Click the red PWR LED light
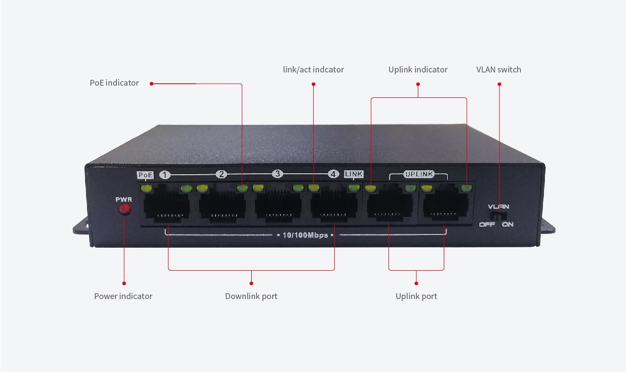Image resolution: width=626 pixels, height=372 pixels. pyautogui.click(x=125, y=209)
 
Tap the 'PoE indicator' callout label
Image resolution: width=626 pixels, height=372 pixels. pyautogui.click(x=114, y=83)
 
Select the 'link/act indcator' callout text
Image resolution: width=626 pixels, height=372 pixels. pyautogui.click(x=313, y=70)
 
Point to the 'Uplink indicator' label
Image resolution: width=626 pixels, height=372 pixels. pyautogui.click(x=418, y=70)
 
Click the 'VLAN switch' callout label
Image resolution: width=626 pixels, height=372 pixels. pyautogui.click(x=498, y=70)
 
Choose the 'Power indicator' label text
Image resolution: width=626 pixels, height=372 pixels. pyautogui.click(x=123, y=296)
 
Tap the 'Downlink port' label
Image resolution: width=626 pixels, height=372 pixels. pyautogui.click(x=251, y=296)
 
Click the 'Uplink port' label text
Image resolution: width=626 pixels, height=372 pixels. pyautogui.click(x=416, y=296)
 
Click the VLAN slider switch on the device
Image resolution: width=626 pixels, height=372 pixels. pyautogui.click(x=498, y=216)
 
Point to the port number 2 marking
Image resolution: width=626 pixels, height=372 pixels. pyautogui.click(x=221, y=174)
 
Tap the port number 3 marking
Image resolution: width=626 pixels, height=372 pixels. pyautogui.click(x=277, y=174)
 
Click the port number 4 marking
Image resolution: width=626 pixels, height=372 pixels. pyautogui.click(x=333, y=174)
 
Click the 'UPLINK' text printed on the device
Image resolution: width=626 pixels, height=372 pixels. pyautogui.click(x=419, y=174)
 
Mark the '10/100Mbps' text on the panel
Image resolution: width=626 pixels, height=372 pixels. pyautogui.click(x=305, y=235)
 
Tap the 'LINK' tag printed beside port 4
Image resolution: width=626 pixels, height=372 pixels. pyautogui.click(x=354, y=174)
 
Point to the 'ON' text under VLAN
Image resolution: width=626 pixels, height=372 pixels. pyautogui.click(x=507, y=225)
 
